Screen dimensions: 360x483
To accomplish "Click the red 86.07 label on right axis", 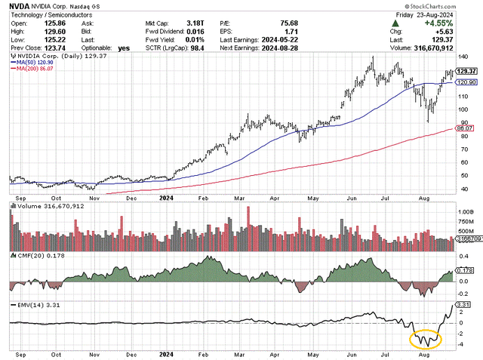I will click(x=464, y=130).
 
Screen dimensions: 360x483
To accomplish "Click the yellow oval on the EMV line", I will click(x=426, y=340).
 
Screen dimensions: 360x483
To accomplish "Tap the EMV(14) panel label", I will click(x=29, y=304).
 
